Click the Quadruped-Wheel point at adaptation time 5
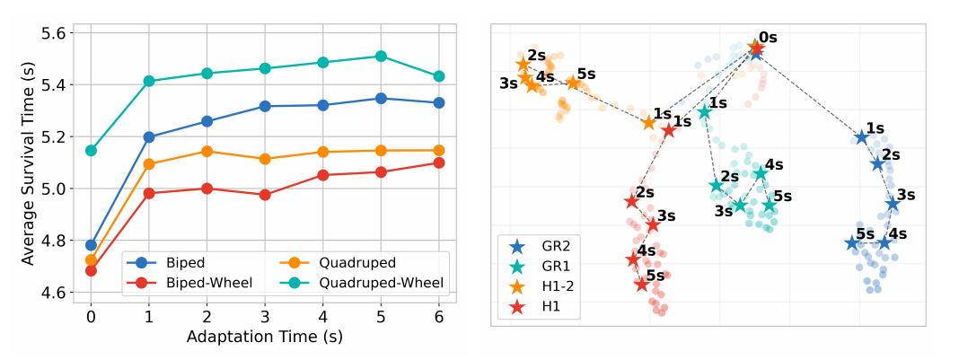pos(381,56)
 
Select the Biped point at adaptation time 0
pos(91,244)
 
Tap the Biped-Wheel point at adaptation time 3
pos(265,194)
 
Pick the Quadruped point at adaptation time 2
pos(207,152)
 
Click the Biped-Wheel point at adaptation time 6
pos(438,162)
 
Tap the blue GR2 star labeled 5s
pos(851,243)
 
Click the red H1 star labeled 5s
pos(641,284)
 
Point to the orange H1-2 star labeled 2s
pos(523,65)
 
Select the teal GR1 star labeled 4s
pos(761,173)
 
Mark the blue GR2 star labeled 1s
pos(862,137)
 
